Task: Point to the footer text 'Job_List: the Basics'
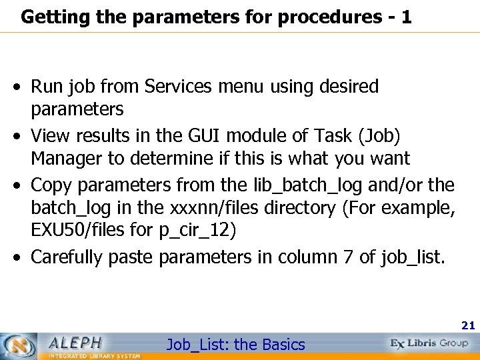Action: [235, 345]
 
